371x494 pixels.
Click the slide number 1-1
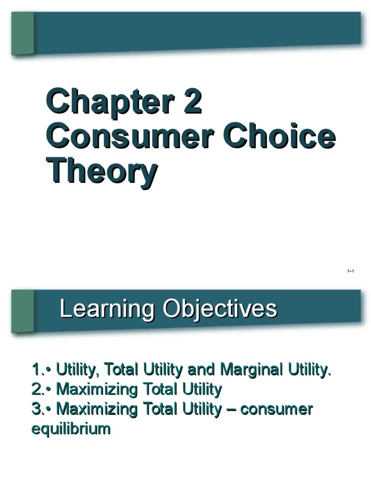click(351, 272)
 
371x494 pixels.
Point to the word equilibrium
click(71, 428)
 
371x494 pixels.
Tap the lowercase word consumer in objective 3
click(276, 409)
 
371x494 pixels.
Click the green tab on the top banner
click(23, 33)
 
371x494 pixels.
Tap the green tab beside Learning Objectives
click(23, 311)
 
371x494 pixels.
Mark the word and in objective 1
click(201, 370)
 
